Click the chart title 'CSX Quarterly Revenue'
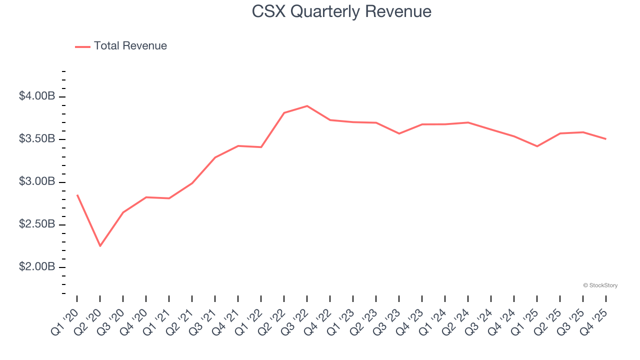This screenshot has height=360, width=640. (341, 11)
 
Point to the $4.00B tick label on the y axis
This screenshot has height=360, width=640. (36, 96)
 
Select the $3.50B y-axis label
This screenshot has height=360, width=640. (36, 139)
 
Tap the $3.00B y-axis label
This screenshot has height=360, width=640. (36, 181)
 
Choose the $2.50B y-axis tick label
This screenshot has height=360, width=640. (36, 224)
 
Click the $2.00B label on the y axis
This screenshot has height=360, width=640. (36, 267)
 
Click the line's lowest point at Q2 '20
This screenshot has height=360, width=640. (100, 246)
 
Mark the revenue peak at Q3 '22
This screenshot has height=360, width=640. (307, 106)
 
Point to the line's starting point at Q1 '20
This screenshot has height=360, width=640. (77, 195)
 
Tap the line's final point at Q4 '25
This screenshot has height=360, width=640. (606, 139)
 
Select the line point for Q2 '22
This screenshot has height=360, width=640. (284, 113)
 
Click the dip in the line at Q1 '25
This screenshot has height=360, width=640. (537, 146)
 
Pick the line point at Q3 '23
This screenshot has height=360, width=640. (399, 133)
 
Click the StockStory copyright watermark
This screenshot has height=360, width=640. (600, 285)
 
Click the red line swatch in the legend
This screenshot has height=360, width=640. (82, 46)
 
